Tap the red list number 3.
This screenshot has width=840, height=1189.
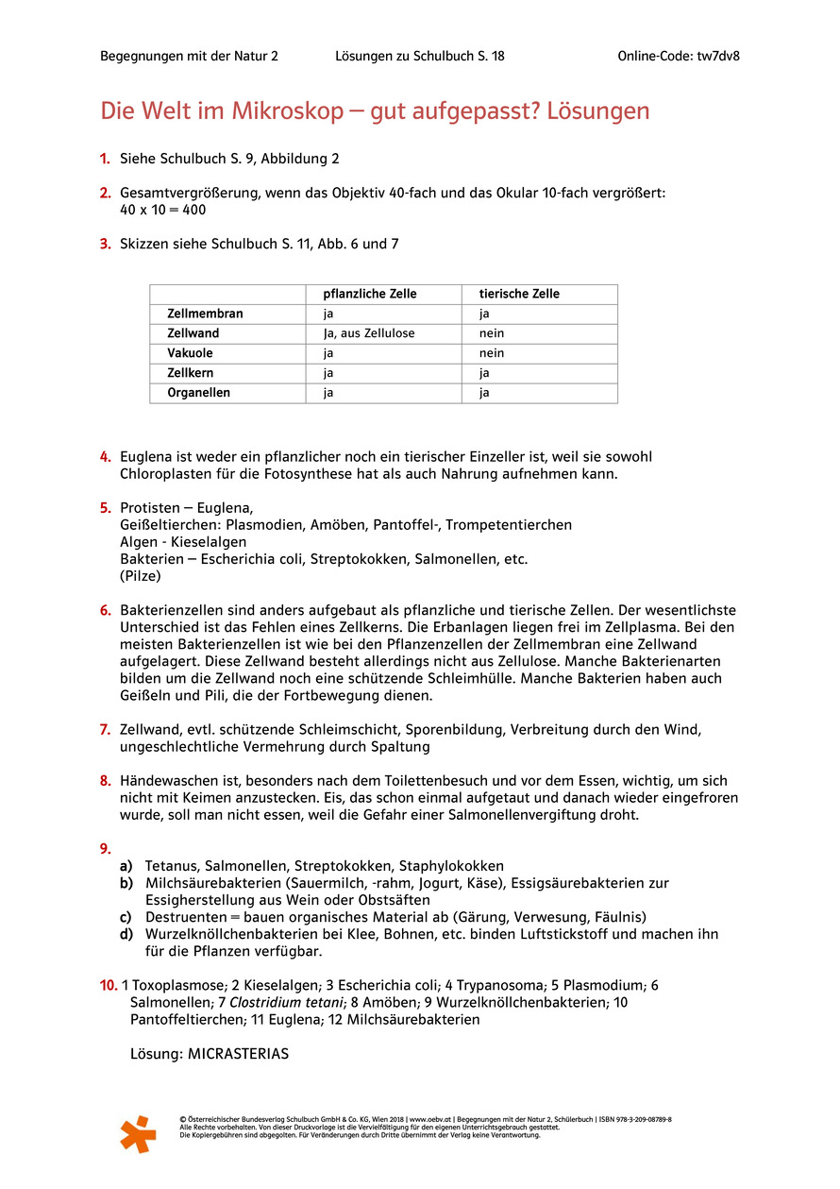click(x=106, y=244)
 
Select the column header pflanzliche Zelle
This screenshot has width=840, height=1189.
click(x=369, y=294)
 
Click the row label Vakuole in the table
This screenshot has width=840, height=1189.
click(x=190, y=353)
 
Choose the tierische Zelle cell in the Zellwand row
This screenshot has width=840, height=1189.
click(x=492, y=333)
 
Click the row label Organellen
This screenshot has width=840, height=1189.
click(x=198, y=393)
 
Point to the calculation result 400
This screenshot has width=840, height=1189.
click(x=193, y=211)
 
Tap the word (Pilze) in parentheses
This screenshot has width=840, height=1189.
click(x=141, y=576)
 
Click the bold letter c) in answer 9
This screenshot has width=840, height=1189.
click(x=126, y=917)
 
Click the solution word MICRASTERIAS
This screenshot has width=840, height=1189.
click(x=237, y=1054)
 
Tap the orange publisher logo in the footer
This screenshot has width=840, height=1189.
click(x=138, y=1133)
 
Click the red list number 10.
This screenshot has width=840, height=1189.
click(x=109, y=985)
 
